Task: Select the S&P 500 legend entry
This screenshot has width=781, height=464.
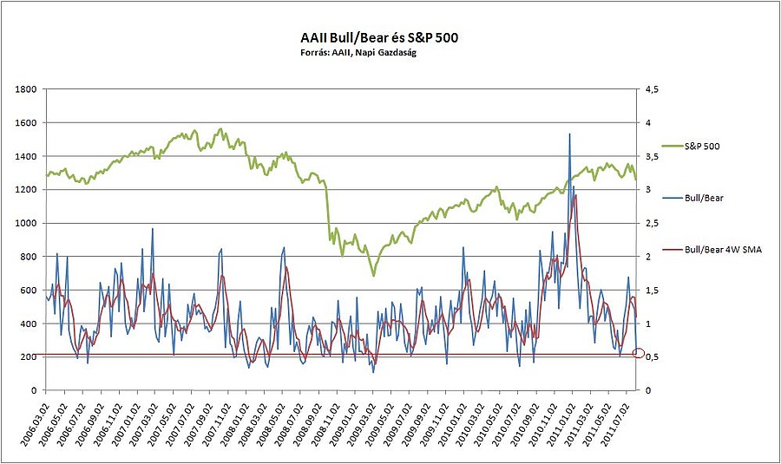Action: tap(700, 147)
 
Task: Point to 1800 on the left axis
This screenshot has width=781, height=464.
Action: tap(26, 89)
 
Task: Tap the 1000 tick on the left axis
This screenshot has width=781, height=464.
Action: tap(26, 223)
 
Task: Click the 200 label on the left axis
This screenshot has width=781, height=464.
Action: tap(29, 357)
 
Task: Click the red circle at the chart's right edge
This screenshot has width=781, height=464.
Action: tap(639, 353)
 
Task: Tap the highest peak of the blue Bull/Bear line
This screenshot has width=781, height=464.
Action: tap(569, 134)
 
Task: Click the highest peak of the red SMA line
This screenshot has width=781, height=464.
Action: tap(575, 195)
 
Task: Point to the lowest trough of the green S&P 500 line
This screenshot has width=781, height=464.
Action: tap(374, 276)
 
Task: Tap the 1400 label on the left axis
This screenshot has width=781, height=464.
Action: tap(26, 156)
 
